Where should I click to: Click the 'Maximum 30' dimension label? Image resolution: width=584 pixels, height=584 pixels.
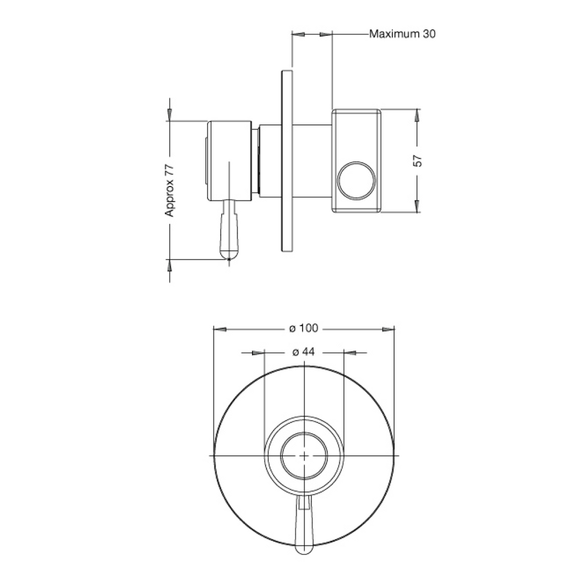(402, 34)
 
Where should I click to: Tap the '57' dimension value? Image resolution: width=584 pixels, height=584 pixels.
(418, 161)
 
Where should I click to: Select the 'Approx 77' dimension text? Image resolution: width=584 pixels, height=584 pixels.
(170, 190)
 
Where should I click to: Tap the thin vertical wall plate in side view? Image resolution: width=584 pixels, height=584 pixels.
(287, 160)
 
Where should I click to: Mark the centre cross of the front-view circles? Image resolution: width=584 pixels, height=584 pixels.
(305, 456)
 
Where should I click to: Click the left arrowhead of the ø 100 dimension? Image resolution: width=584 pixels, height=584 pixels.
(220, 329)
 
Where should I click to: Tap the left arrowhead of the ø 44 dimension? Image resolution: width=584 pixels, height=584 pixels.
(259, 352)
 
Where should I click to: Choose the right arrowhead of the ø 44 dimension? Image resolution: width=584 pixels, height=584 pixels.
(350, 352)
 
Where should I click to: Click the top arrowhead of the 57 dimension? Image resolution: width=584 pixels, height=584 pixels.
(418, 115)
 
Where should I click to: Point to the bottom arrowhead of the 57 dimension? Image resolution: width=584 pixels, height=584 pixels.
(418, 206)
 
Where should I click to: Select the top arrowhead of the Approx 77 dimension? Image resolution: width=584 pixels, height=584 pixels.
(169, 114)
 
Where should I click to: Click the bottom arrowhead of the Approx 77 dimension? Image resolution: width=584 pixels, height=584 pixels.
(169, 265)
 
